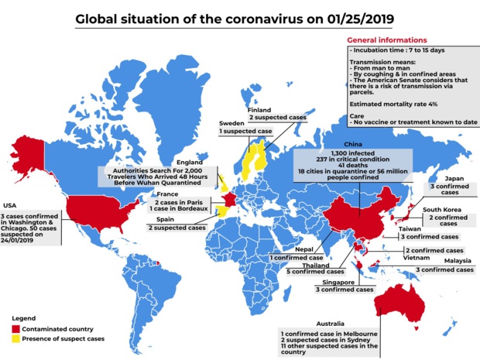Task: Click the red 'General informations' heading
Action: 386,39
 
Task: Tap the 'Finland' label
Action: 259,111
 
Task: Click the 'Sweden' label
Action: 232,123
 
